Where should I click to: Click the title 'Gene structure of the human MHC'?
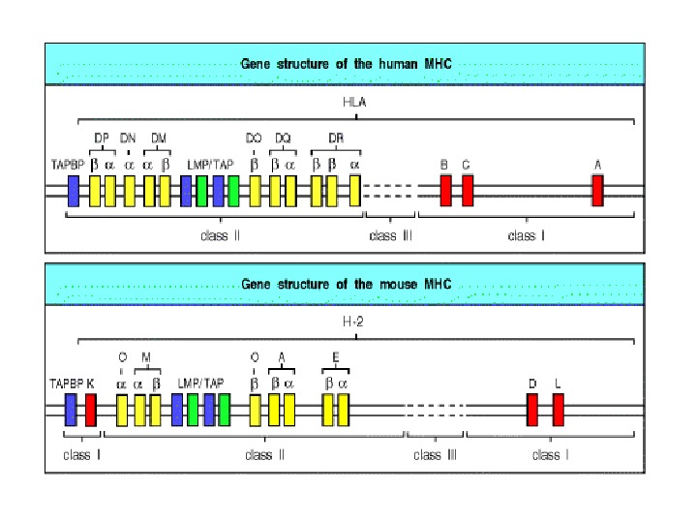coord(346,64)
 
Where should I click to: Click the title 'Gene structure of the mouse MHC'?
coord(346,285)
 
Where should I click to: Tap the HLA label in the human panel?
coord(355,103)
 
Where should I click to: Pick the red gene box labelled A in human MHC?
coord(597,191)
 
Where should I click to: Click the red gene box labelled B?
coord(445,191)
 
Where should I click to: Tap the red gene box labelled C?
coord(467,191)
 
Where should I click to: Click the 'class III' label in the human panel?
coord(390,235)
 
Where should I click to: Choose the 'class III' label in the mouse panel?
coord(435,454)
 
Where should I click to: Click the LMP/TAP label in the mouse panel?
coord(200,384)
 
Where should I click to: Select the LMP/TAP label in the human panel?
coord(210,164)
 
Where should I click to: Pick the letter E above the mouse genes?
coord(335,358)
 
